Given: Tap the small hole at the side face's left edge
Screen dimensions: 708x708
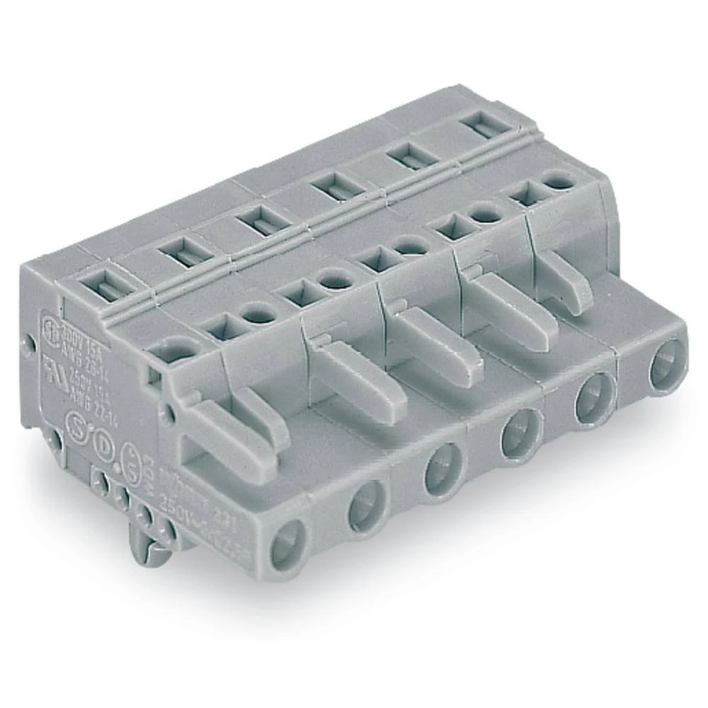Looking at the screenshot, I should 29,345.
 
